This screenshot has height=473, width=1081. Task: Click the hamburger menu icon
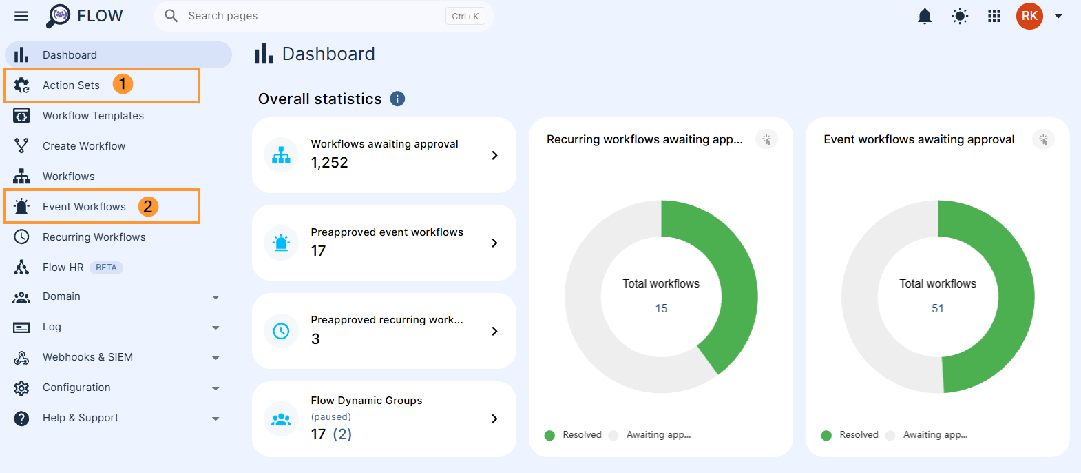pyautogui.click(x=21, y=16)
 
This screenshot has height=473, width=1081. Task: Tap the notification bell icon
pyautogui.click(x=924, y=17)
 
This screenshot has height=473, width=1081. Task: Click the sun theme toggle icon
pyautogui.click(x=959, y=17)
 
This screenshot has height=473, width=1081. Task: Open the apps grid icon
pyautogui.click(x=994, y=17)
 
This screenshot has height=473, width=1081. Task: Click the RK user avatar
pyautogui.click(x=1029, y=16)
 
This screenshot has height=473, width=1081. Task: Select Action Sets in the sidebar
pyautogui.click(x=71, y=85)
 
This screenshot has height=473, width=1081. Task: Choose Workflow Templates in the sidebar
pyautogui.click(x=93, y=116)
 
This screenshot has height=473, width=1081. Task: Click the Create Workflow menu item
pyautogui.click(x=84, y=146)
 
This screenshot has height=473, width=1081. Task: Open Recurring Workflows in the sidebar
pyautogui.click(x=94, y=237)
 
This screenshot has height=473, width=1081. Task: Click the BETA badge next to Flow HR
pyautogui.click(x=106, y=268)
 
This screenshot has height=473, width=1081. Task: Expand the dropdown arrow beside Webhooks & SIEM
pyautogui.click(x=216, y=358)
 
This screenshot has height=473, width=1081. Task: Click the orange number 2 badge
pyautogui.click(x=148, y=206)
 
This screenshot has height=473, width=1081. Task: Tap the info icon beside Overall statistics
pyautogui.click(x=397, y=99)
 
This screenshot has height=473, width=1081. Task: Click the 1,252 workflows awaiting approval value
pyautogui.click(x=329, y=163)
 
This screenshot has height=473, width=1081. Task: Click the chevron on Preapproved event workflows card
pyautogui.click(x=494, y=243)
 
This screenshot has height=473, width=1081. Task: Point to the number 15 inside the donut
pyautogui.click(x=661, y=308)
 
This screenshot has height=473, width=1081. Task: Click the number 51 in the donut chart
pyautogui.click(x=938, y=308)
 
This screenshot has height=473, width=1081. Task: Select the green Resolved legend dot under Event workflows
pyautogui.click(x=826, y=435)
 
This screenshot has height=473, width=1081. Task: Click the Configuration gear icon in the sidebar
pyautogui.click(x=21, y=388)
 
